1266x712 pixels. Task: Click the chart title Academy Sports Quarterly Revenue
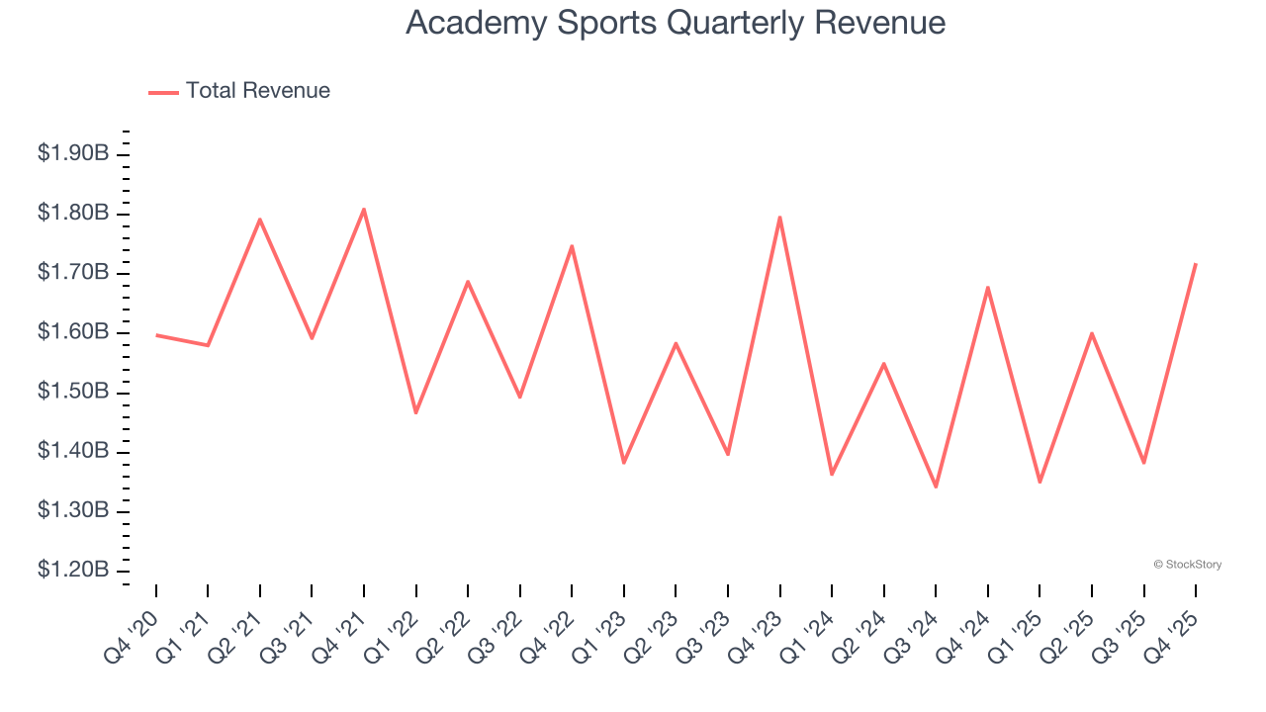click(676, 23)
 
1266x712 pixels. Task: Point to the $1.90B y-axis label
click(73, 154)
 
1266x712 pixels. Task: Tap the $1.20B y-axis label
click(73, 571)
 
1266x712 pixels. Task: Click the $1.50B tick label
click(73, 393)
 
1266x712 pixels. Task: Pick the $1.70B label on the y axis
click(73, 273)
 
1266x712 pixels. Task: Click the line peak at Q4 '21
click(364, 209)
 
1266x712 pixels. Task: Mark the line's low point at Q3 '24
click(936, 487)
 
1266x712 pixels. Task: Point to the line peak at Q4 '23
click(780, 218)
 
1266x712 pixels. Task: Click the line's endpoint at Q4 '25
click(1196, 264)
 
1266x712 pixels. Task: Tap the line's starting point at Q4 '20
click(156, 335)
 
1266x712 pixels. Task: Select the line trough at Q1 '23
click(624, 463)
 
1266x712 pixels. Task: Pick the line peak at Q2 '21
click(260, 220)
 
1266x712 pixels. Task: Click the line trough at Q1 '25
click(1040, 482)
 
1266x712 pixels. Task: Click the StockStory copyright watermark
click(1187, 565)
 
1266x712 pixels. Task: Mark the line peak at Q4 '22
click(572, 246)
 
